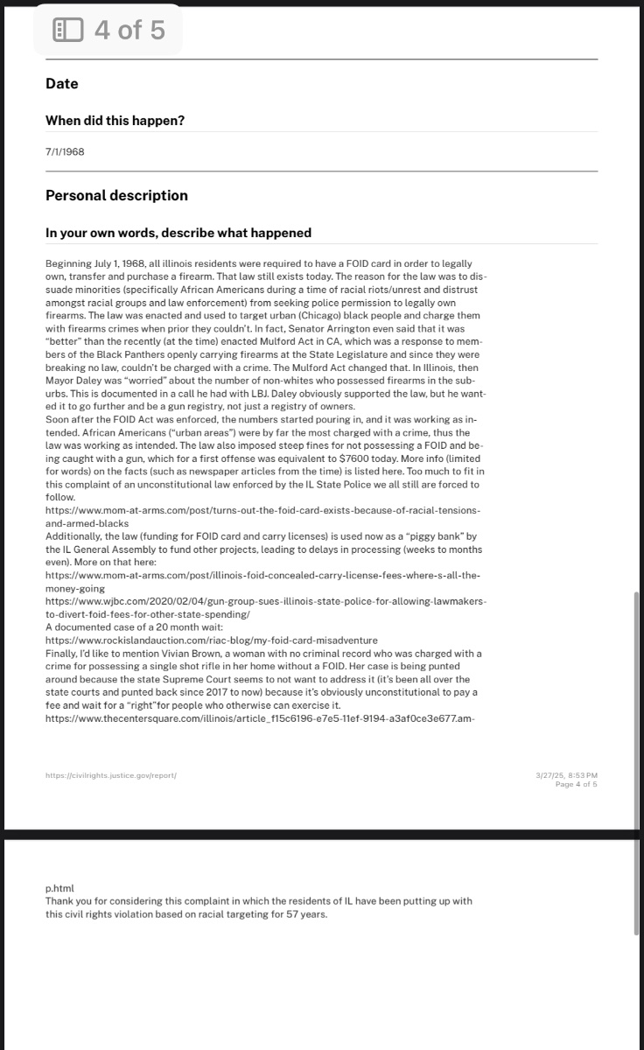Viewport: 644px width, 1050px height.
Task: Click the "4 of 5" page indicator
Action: (129, 31)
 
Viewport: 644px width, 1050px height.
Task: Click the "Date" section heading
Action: (61, 84)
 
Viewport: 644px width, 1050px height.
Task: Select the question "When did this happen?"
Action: (115, 121)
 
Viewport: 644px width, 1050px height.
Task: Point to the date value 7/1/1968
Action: (65, 151)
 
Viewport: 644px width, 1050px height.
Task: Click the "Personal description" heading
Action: (116, 195)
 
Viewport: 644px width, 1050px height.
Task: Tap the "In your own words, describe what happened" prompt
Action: (178, 233)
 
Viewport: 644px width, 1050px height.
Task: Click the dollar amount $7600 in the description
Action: (353, 459)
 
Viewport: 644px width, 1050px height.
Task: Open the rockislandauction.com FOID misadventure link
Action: (211, 640)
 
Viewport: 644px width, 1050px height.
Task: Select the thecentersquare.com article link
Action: (259, 718)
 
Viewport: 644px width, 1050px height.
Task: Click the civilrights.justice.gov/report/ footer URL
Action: (111, 775)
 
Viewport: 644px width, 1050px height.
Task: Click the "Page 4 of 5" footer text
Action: (576, 784)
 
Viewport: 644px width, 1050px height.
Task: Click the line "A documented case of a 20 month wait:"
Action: (128, 627)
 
